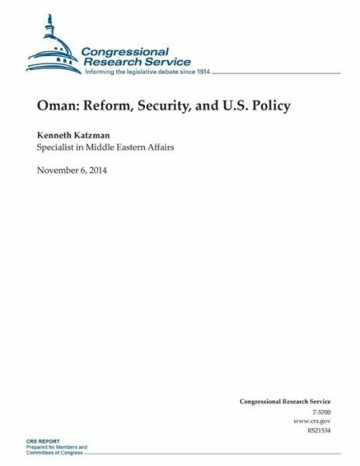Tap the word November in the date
click(x=61, y=170)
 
